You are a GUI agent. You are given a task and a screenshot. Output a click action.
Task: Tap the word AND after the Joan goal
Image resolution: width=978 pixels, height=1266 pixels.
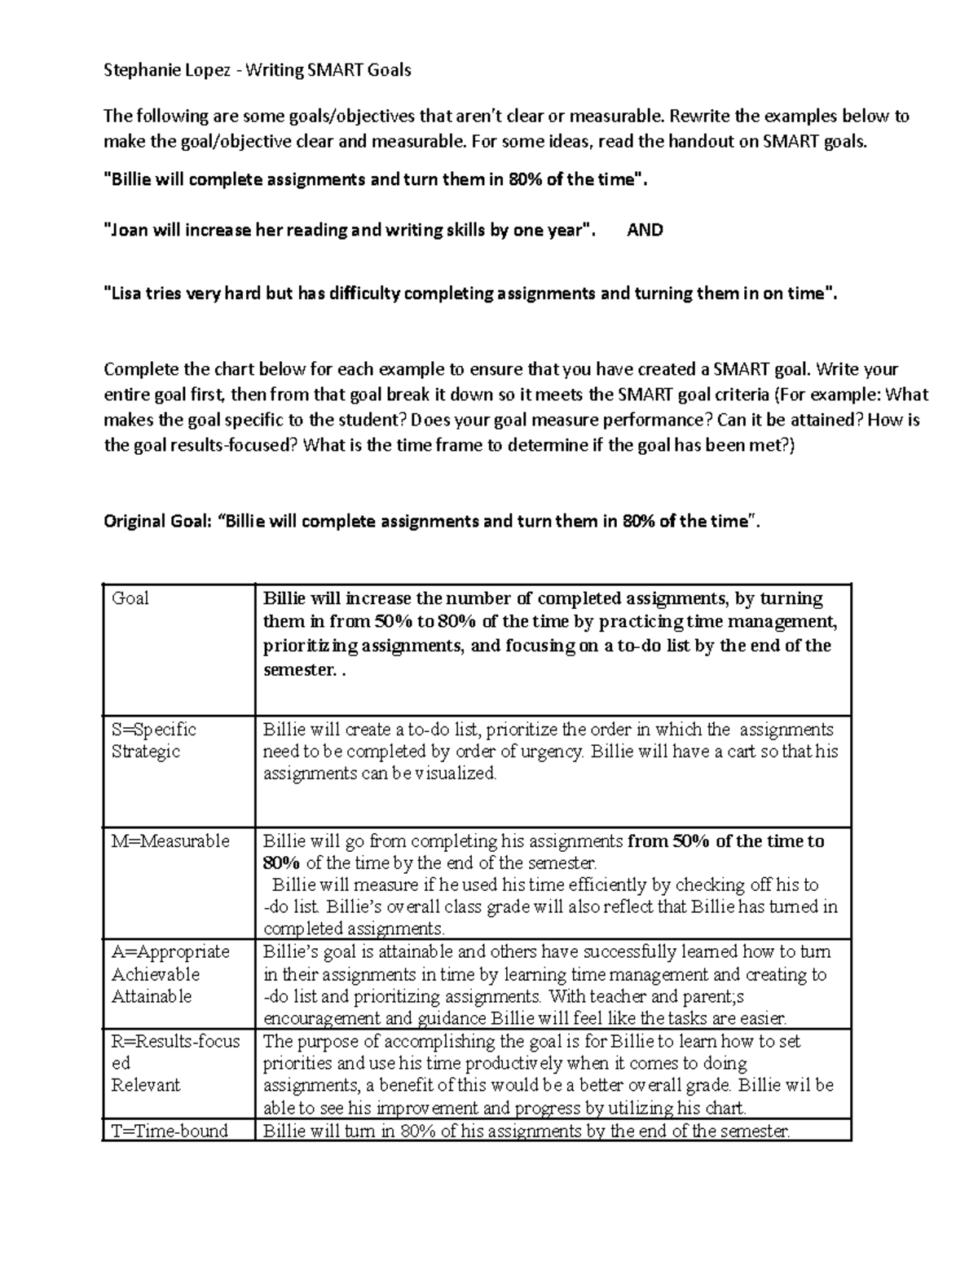[x=645, y=230]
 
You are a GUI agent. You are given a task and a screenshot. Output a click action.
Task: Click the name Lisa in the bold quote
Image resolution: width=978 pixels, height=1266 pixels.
[x=122, y=293]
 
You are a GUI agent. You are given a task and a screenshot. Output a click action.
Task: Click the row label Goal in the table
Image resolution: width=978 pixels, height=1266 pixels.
[x=130, y=598]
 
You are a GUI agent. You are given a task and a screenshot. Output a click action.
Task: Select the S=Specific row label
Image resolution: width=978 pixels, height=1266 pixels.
[x=154, y=729]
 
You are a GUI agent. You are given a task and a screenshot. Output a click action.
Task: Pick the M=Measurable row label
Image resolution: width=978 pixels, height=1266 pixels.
[x=170, y=840]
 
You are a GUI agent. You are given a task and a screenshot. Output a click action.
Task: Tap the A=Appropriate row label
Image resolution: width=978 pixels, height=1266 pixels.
[x=170, y=951]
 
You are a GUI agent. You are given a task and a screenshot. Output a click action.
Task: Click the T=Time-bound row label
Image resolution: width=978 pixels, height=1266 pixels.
[x=170, y=1130]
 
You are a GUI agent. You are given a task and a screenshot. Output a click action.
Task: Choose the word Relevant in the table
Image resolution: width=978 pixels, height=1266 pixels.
[x=146, y=1085]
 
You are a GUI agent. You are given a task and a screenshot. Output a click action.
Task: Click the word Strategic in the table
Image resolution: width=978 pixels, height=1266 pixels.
[x=146, y=751]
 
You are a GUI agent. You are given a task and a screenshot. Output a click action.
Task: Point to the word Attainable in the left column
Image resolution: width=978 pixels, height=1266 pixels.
[x=152, y=995]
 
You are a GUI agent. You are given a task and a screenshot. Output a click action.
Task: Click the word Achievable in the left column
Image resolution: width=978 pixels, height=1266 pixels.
[x=156, y=973]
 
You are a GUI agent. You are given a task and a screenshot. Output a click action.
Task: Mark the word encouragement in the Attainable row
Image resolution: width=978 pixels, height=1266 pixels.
[x=321, y=1017]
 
